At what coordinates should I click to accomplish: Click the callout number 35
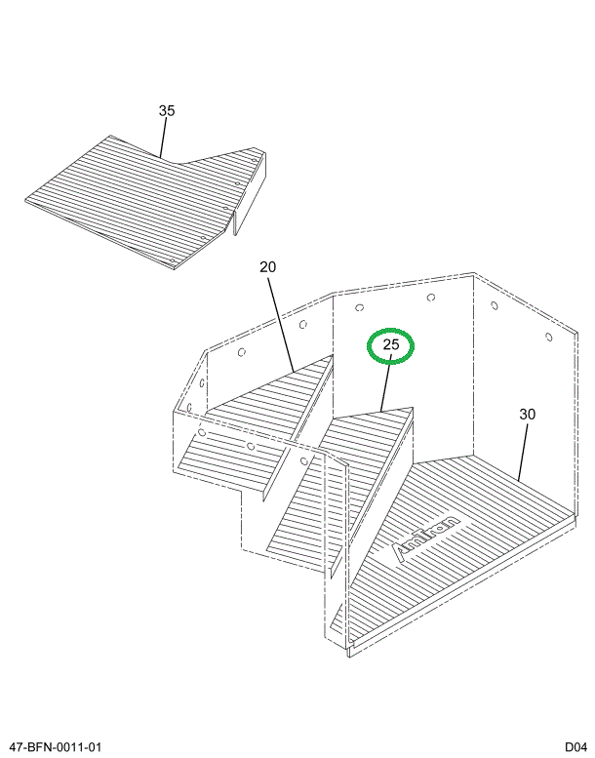[x=166, y=110]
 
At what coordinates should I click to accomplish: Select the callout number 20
[x=268, y=267]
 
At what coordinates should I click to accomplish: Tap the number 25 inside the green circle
[x=391, y=344]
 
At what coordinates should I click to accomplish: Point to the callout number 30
[x=528, y=415]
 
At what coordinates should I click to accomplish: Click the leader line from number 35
[x=163, y=138]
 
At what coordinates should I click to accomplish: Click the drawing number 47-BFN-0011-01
[x=56, y=747]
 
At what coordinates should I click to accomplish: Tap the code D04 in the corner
[x=576, y=747]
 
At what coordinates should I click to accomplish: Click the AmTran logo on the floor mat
[x=425, y=539]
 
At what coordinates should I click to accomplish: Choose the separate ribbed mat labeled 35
[x=145, y=200]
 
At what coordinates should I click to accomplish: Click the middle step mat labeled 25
[x=340, y=488]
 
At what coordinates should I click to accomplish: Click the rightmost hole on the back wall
[x=548, y=337]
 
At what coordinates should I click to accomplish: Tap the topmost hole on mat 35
[x=254, y=159]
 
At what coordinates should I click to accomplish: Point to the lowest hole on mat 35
[x=173, y=260]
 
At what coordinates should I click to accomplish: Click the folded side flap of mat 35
[x=250, y=193]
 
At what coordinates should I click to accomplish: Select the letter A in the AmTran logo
[x=399, y=552]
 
